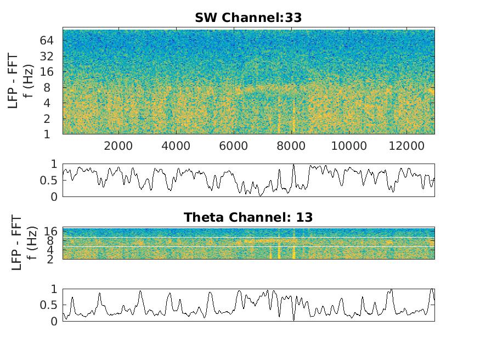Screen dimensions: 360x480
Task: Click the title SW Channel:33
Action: pos(248,18)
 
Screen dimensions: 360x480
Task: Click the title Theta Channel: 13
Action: pos(248,217)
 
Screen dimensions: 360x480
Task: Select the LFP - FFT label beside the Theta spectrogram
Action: pos(16,242)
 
